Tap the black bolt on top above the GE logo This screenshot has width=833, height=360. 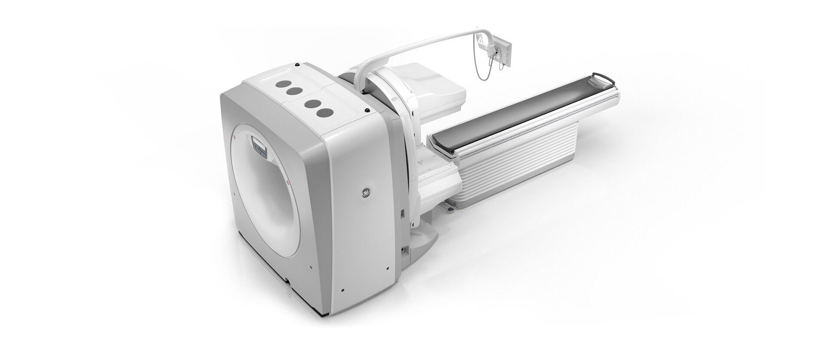(x=367, y=110)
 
